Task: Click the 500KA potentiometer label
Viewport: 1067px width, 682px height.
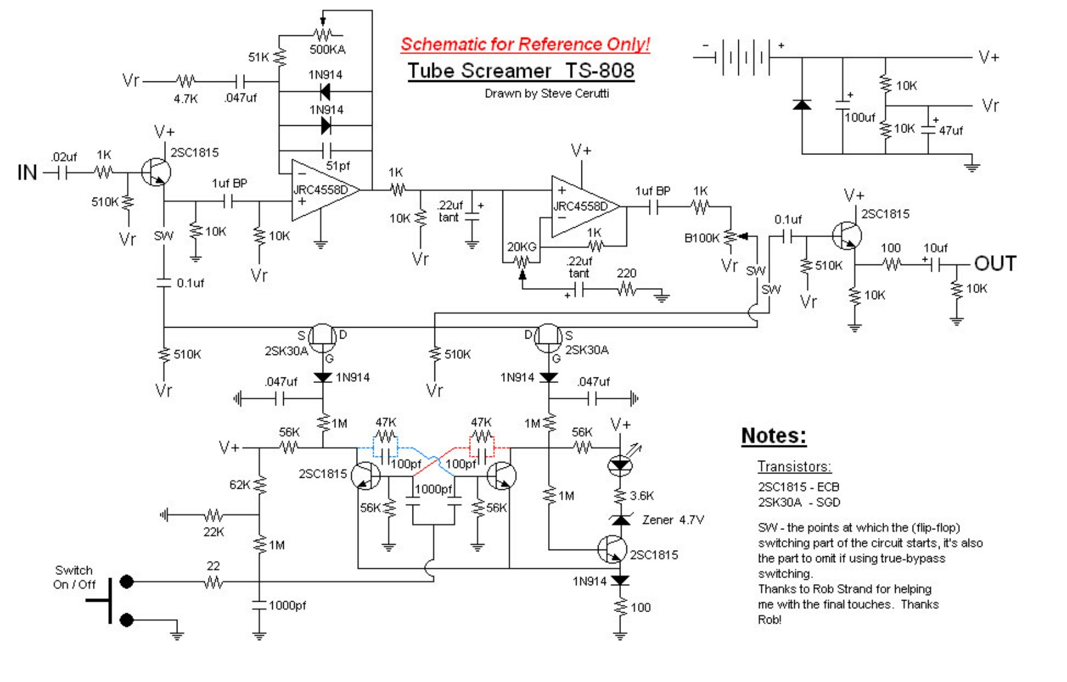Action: coord(327,50)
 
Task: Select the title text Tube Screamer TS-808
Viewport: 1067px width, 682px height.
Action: coord(521,71)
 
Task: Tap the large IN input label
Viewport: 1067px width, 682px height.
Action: coord(27,173)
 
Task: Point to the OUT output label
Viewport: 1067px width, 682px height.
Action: coord(995,264)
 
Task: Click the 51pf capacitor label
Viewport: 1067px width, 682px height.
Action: coord(338,165)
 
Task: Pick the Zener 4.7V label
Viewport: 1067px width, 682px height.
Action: coord(673,520)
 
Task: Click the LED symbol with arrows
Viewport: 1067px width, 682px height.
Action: coord(621,465)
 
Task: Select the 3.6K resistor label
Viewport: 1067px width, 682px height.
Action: coord(642,495)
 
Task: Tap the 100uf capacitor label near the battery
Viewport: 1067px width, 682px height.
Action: coord(859,117)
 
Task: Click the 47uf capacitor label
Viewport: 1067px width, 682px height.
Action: coord(950,130)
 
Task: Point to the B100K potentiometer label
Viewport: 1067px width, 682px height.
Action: coord(701,238)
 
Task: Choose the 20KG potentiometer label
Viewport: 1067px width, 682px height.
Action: coord(521,247)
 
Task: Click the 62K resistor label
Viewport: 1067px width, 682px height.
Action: coord(239,484)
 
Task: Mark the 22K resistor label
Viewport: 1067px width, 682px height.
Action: coord(213,532)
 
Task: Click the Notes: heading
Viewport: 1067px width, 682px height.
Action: coord(774,435)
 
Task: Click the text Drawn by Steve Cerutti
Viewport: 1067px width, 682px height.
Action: coord(546,94)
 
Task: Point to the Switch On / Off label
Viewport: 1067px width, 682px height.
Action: coord(74,577)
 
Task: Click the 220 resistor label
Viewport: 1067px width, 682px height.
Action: coord(626,274)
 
